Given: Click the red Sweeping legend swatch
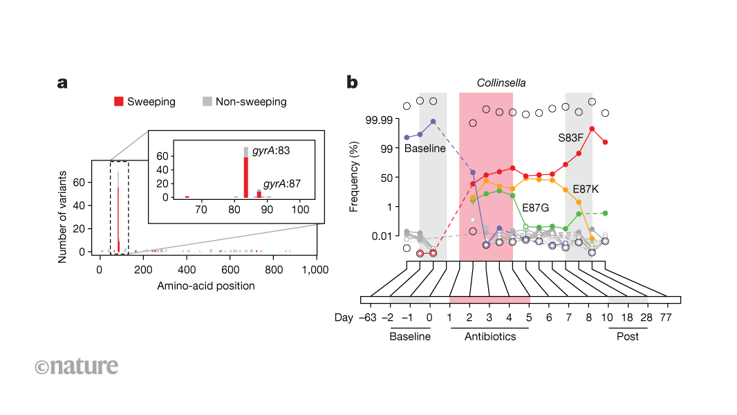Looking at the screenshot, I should coord(119,102).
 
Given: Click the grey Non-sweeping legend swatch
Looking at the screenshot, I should coord(207,102).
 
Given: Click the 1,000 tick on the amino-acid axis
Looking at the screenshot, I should coord(317,269).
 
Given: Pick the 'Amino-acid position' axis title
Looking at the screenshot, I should coord(205,286).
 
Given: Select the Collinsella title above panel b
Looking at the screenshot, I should coord(501,83).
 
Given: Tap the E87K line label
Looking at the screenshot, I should coord(586,189).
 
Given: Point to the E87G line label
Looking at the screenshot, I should coord(537,207).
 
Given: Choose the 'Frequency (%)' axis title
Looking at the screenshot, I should coord(354,176).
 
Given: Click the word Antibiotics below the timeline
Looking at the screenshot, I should coord(490,337).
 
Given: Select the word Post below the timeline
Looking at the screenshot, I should coord(628,337).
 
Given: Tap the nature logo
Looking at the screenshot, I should coord(76,366).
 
